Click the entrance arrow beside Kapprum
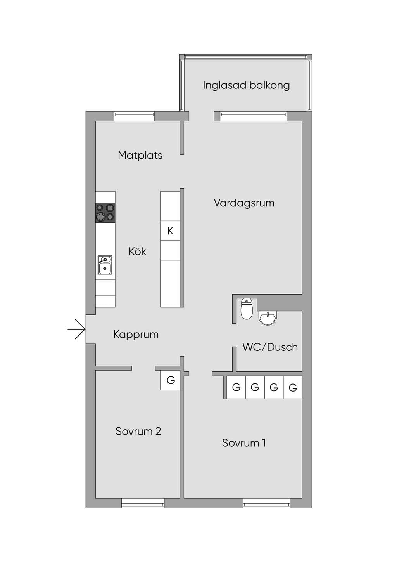77,329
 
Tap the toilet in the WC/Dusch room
247,309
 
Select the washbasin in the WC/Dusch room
268,318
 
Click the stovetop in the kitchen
105,213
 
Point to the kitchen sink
105,265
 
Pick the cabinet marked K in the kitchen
170,231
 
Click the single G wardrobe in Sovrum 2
171,380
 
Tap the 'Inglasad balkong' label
246,85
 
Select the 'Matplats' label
140,156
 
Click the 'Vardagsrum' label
244,203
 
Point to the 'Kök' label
137,251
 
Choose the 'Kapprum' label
136,335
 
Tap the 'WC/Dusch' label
270,347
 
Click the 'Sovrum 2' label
138,431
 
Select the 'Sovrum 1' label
244,443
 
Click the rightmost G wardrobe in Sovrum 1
293,387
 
